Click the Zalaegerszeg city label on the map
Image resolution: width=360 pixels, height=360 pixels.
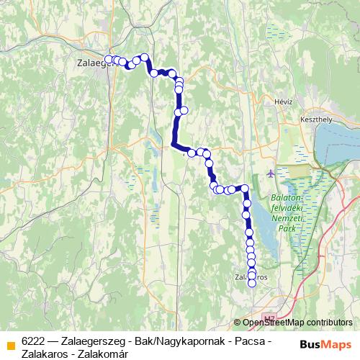(x=91, y=63)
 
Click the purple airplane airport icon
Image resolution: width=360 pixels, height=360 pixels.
(x=270, y=173)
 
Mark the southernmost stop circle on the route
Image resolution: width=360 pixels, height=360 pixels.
(x=252, y=284)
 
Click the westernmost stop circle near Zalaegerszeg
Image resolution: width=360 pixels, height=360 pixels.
(x=109, y=59)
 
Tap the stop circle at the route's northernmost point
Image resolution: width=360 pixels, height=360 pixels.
(x=144, y=57)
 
